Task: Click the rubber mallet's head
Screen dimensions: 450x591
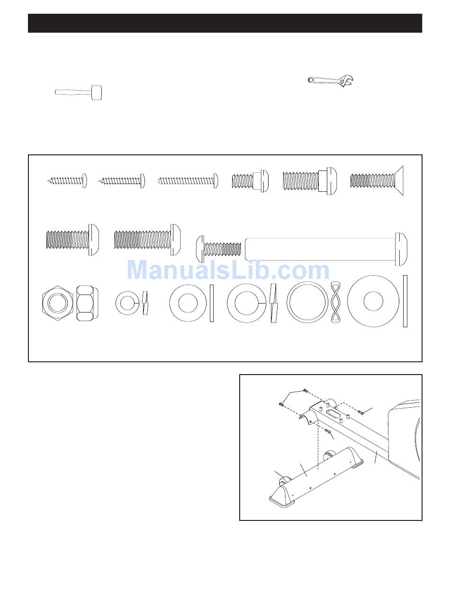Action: [x=97, y=93]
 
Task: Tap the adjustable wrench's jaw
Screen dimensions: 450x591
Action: [x=346, y=81]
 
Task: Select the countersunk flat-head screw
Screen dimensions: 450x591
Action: [x=377, y=180]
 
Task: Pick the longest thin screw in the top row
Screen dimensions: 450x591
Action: [x=188, y=181]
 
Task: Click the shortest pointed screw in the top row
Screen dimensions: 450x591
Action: [x=67, y=180]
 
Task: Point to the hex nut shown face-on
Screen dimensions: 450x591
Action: [x=58, y=303]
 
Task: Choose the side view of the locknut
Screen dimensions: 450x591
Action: [x=87, y=303]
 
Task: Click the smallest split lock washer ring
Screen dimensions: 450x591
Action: [x=127, y=303]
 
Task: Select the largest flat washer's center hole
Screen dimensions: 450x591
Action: [x=373, y=301]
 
